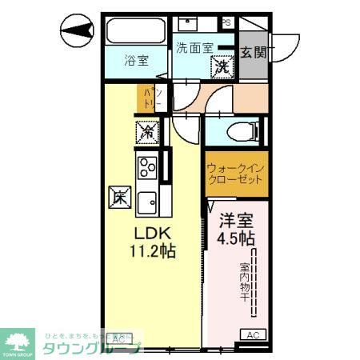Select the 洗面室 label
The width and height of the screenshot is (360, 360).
pyautogui.click(x=194, y=46)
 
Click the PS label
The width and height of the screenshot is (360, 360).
pyautogui.click(x=226, y=22)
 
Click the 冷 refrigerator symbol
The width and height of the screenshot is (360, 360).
pyautogui.click(x=147, y=130)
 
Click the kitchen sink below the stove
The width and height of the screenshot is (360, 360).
pyautogui.click(x=148, y=202)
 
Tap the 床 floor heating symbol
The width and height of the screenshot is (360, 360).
pyautogui.click(x=118, y=195)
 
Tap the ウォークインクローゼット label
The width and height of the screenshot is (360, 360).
pyautogui.click(x=234, y=175)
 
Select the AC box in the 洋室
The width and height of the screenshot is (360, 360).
pyautogui.click(x=254, y=335)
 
